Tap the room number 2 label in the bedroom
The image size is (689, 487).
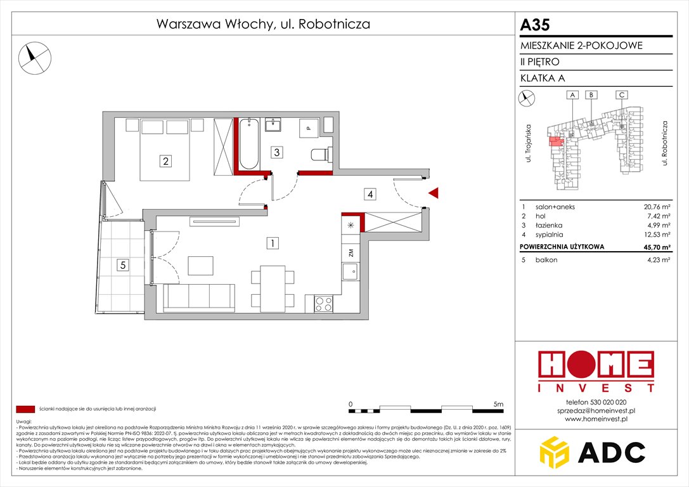[165, 161]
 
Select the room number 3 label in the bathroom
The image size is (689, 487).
[276, 152]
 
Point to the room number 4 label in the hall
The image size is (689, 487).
[370, 194]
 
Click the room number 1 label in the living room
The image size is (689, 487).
[271, 242]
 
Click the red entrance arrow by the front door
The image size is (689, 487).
[434, 193]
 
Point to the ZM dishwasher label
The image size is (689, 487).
[350, 252]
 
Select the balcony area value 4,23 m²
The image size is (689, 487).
[658, 260]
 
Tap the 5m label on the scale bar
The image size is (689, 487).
[498, 403]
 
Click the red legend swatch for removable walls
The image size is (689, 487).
[25, 409]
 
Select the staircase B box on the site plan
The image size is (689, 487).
[591, 95]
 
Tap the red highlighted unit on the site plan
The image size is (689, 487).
[555, 141]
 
